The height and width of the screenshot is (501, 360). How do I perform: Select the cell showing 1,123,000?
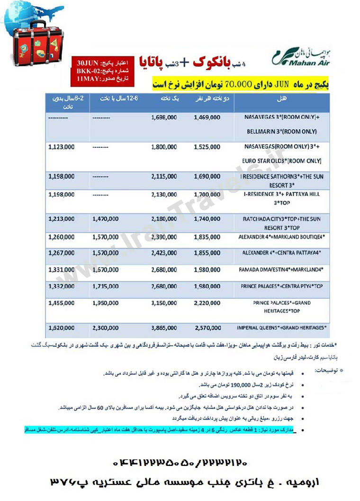click(x=62, y=147)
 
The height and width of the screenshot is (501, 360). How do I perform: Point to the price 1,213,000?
click(x=62, y=220)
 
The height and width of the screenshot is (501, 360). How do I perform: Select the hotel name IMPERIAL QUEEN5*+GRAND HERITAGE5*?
click(x=284, y=328)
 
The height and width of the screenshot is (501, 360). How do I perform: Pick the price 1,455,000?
click(x=62, y=302)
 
